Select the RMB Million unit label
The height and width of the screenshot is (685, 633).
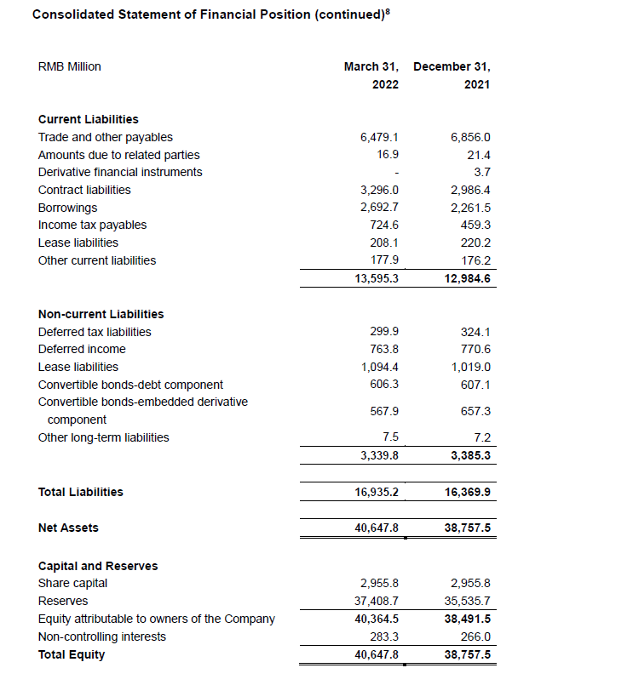point(70,66)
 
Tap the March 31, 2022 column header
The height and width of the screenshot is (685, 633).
point(371,75)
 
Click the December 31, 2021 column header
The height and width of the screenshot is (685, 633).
point(452,75)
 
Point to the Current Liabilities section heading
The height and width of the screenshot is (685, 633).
point(89,119)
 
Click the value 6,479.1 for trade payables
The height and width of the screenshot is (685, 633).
point(380,137)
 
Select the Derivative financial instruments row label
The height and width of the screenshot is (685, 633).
point(120,172)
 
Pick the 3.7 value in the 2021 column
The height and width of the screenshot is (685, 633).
point(482,172)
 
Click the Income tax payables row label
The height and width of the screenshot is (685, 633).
point(92,225)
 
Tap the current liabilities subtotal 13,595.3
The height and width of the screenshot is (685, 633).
point(377,278)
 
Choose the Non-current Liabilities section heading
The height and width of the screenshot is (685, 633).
point(101,314)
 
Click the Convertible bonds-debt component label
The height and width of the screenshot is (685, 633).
point(130,385)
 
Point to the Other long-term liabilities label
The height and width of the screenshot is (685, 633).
point(103,437)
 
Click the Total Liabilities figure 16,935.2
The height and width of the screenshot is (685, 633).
point(377,492)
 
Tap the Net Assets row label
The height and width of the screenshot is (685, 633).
point(68,528)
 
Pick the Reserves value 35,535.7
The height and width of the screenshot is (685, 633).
point(468,602)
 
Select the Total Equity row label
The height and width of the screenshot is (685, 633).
point(72,654)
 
